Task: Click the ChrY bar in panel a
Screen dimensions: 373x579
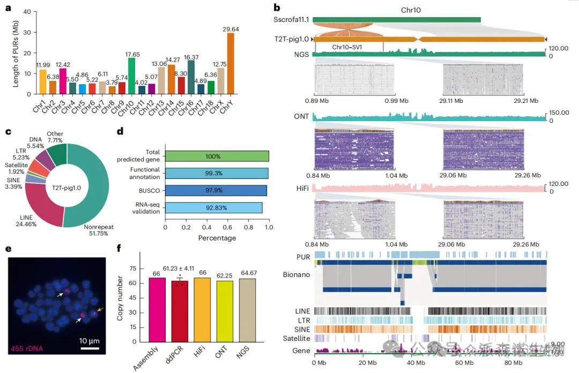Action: (x=231, y=63)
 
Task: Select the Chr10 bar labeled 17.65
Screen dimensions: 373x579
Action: (x=132, y=76)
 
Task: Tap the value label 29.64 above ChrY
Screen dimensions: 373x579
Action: (x=231, y=29)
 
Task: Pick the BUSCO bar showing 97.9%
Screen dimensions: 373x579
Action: (x=216, y=191)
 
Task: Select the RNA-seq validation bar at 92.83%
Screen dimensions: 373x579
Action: (x=214, y=208)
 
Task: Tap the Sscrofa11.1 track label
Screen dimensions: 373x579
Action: (x=291, y=20)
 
